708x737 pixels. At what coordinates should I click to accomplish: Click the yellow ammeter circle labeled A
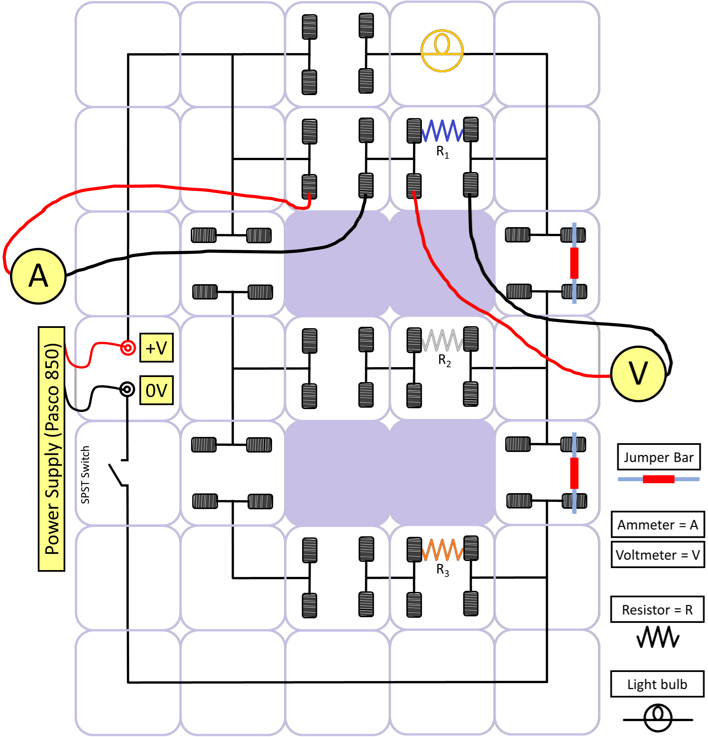[38, 276]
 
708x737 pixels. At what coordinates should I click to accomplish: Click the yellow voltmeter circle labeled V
[638, 374]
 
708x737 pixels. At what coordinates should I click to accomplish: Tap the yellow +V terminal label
[156, 348]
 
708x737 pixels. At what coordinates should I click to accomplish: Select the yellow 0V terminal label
[156, 390]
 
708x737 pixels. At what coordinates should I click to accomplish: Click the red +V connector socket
[128, 348]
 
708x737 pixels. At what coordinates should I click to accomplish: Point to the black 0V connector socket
[127, 389]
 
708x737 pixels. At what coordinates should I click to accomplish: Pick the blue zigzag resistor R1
[443, 131]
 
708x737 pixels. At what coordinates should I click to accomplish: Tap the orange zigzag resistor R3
[443, 550]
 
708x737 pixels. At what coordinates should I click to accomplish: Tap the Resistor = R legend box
[657, 610]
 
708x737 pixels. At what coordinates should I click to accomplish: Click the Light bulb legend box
[657, 684]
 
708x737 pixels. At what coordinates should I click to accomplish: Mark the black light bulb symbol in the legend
[658, 719]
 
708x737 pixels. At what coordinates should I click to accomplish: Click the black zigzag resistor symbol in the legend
[658, 637]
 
